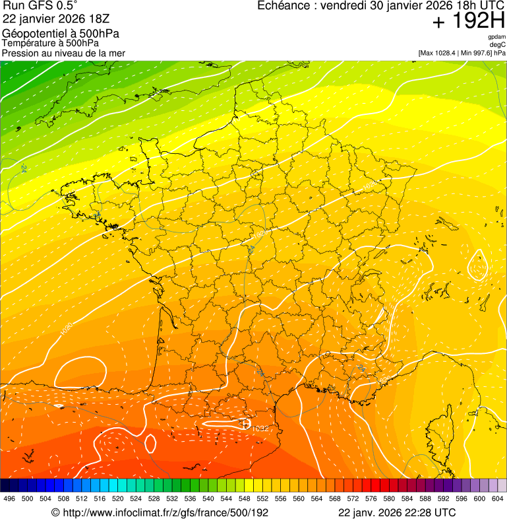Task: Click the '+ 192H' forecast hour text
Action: [468, 21]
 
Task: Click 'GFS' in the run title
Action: [39, 6]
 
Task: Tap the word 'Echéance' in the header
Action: [282, 6]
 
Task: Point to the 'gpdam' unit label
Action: [496, 37]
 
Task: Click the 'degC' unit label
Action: [498, 44]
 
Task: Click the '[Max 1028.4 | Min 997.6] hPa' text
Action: [462, 52]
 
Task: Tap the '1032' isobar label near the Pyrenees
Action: [260, 429]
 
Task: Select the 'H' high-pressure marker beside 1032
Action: [247, 423]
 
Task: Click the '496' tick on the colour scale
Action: [9, 499]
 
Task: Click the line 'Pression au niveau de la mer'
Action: [63, 53]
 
